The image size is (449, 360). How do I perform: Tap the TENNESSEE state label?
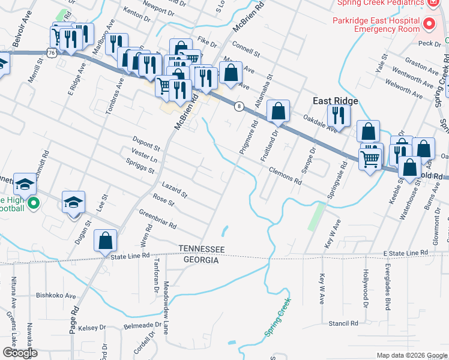(x=201, y=249)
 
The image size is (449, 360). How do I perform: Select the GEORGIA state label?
(x=201, y=260)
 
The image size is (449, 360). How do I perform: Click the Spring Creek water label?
(x=277, y=317)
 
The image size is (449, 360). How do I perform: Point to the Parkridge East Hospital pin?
(x=429, y=25)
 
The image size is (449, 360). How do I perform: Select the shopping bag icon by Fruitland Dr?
(x=278, y=110)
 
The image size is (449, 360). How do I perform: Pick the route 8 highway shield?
(x=239, y=106)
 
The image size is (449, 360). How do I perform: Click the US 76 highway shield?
(x=52, y=53)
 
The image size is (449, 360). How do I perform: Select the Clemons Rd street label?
(x=285, y=175)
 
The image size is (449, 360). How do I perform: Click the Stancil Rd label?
(x=343, y=323)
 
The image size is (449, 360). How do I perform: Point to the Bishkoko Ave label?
(x=56, y=295)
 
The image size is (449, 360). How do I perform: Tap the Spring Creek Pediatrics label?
(x=378, y=3)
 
